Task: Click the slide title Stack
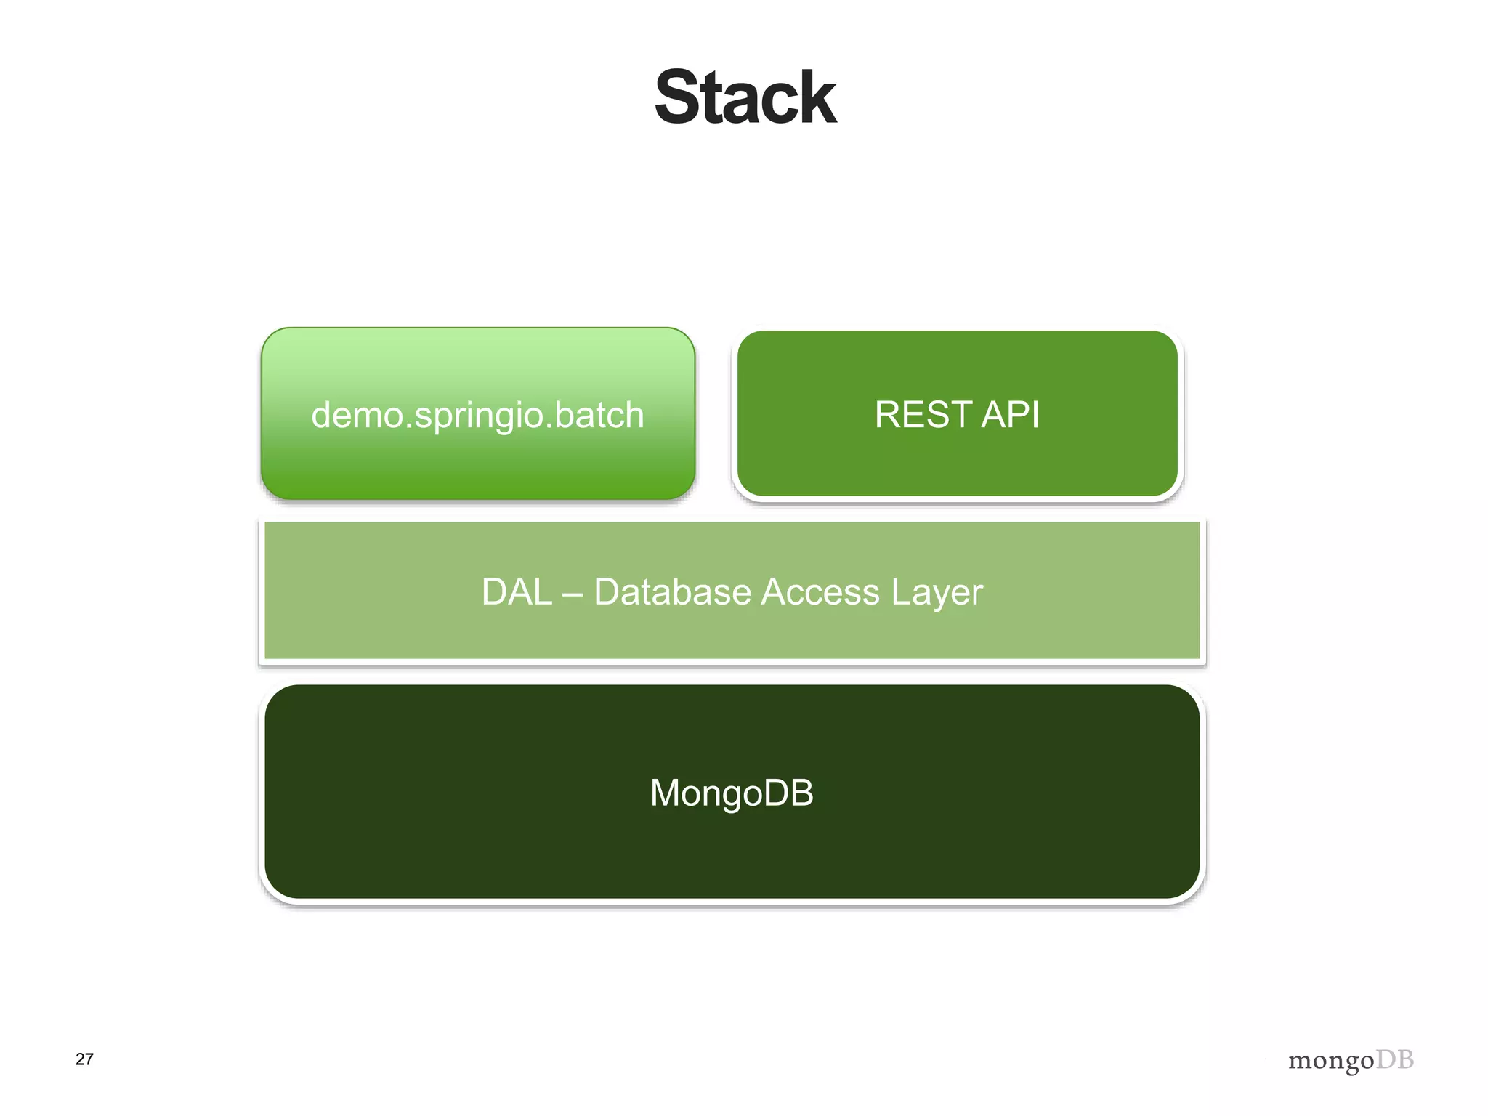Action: pos(745,97)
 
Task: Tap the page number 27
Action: pos(84,1059)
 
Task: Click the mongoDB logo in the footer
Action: pos(1351,1060)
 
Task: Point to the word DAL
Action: pos(517,591)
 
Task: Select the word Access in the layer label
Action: pos(820,591)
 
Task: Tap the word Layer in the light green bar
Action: pos(937,593)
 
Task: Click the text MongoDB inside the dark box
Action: pos(732,793)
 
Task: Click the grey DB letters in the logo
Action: pos(1395,1059)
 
